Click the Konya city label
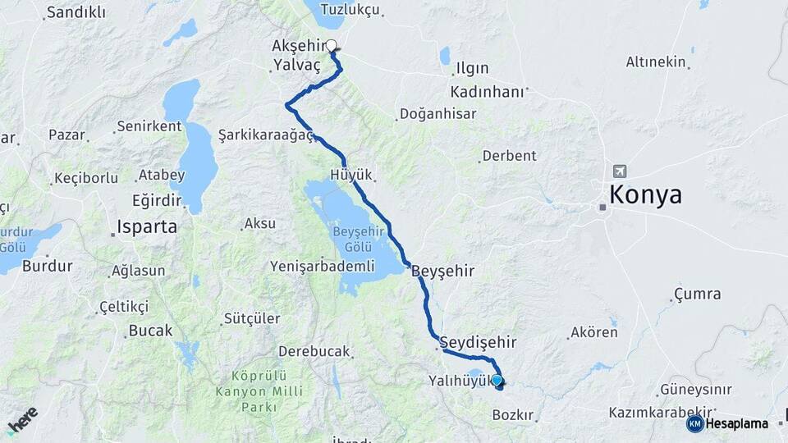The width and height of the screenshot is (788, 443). (x=645, y=195)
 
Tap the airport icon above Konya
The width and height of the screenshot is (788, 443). (x=618, y=171)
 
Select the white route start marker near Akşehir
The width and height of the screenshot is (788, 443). (x=332, y=46)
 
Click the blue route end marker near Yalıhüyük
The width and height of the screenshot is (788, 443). (x=497, y=381)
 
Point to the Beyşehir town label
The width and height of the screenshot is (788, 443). (x=443, y=270)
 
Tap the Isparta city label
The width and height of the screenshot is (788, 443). (x=147, y=226)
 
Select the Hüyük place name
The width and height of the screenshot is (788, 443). (x=351, y=175)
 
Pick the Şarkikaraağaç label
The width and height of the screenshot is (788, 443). (x=266, y=135)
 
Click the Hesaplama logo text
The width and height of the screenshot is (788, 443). (x=736, y=423)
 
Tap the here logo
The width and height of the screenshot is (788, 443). (x=22, y=420)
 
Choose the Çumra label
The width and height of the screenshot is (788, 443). (x=697, y=294)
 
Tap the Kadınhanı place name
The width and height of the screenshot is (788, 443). (x=487, y=92)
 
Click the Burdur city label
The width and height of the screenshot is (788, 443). (x=47, y=266)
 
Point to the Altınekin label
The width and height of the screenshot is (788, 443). (x=655, y=62)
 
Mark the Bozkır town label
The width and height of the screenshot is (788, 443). (x=513, y=415)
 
